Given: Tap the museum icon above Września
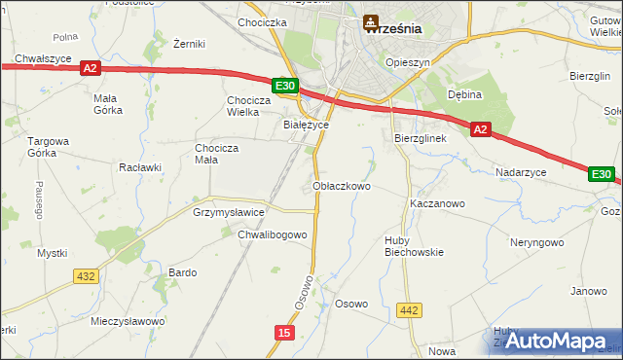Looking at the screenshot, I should pyautogui.click(x=371, y=20).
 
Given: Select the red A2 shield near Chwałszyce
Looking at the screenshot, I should pyautogui.click(x=90, y=68).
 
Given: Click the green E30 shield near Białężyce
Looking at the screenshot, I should pyautogui.click(x=284, y=87).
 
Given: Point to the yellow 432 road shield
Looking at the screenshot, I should pyautogui.click(x=86, y=276).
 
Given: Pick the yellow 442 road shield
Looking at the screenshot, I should pyautogui.click(x=410, y=310).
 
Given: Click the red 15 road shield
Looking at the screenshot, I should pyautogui.click(x=283, y=333).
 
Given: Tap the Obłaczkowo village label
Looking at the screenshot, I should pyautogui.click(x=342, y=185).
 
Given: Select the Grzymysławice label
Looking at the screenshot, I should pyautogui.click(x=229, y=210).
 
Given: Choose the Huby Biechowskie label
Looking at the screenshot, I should pyautogui.click(x=414, y=245).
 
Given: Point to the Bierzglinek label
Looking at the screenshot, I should pyautogui.click(x=420, y=139).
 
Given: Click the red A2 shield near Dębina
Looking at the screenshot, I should pyautogui.click(x=480, y=128).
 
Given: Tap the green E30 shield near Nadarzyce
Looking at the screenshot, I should pyautogui.click(x=601, y=175).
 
